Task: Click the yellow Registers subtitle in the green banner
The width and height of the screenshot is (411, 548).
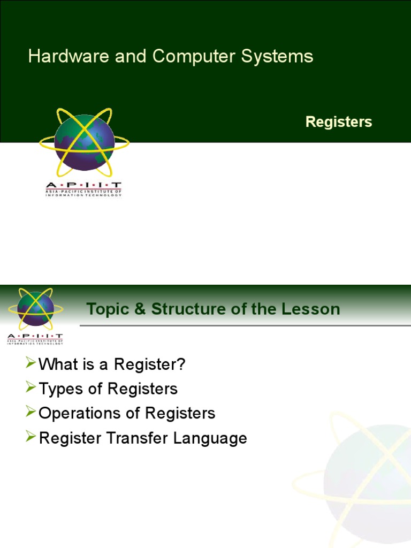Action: click(338, 122)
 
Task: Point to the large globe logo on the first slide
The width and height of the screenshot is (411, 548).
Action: click(85, 142)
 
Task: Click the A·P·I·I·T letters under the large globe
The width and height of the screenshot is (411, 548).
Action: click(83, 185)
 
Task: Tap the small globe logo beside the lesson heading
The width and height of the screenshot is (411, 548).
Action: click(35, 309)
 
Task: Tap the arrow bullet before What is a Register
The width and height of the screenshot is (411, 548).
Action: click(31, 364)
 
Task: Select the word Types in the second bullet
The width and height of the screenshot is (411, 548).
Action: click(59, 389)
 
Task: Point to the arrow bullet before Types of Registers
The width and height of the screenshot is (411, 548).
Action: click(31, 388)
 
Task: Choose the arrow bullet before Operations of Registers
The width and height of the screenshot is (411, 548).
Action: click(31, 413)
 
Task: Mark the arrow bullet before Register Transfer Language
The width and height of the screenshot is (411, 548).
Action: click(31, 437)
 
